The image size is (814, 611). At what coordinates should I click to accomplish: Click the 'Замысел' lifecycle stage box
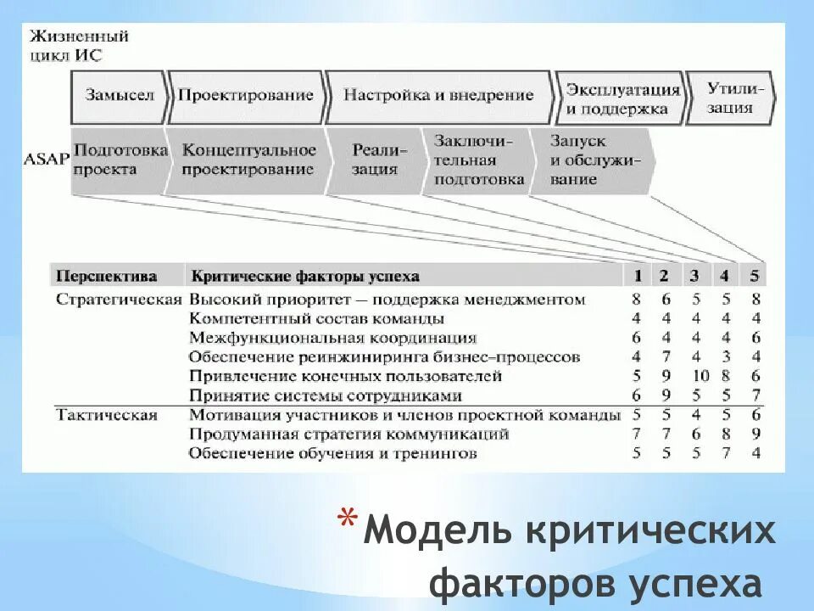pyautogui.click(x=120, y=95)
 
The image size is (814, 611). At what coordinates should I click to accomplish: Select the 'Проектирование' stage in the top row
pyautogui.click(x=245, y=95)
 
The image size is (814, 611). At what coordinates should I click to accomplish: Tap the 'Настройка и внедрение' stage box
pyautogui.click(x=438, y=95)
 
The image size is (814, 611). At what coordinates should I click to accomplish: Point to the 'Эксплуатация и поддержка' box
pyautogui.click(x=622, y=99)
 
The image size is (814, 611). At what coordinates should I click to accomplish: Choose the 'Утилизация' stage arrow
pyautogui.click(x=729, y=98)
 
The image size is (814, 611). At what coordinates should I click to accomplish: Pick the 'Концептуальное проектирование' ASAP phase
pyautogui.click(x=248, y=160)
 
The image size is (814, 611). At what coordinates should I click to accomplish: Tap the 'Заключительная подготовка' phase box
pyautogui.click(x=477, y=160)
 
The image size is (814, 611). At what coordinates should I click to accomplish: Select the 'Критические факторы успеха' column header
pyautogui.click(x=305, y=276)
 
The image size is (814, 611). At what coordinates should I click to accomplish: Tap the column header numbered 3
pyautogui.click(x=694, y=276)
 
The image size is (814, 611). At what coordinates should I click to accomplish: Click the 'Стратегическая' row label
pyautogui.click(x=119, y=299)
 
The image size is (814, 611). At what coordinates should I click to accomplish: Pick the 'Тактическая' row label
pyautogui.click(x=107, y=415)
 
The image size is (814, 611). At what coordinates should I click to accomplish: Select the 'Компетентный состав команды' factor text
pyautogui.click(x=317, y=318)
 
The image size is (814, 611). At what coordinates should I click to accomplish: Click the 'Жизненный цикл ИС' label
pyautogui.click(x=78, y=46)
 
